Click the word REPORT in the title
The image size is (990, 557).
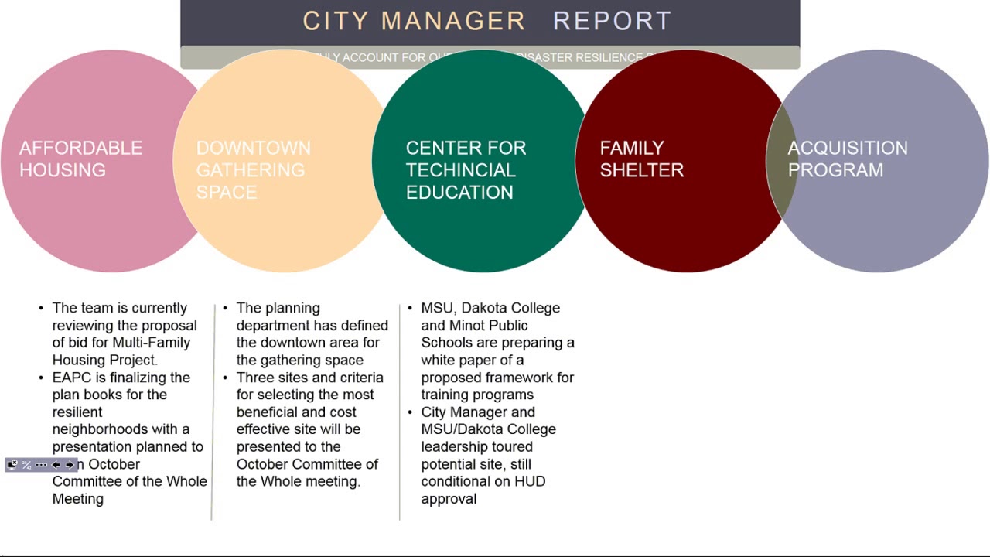coord(612,21)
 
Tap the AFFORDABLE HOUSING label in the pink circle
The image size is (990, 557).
coord(80,159)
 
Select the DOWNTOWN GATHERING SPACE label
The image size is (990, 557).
coord(253,169)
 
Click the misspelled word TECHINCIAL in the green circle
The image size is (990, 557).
coord(460,170)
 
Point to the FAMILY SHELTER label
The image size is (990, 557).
coord(641,159)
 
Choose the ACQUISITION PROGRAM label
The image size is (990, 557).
coord(847,159)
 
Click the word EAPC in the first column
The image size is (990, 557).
coord(70,378)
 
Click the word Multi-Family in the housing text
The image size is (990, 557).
coord(151,343)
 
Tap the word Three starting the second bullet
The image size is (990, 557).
coord(255,378)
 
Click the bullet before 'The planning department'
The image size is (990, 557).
coord(225,308)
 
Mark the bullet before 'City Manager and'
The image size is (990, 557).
coord(410,412)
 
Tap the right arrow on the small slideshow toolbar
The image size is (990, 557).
coord(69,465)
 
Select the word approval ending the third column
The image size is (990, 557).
coord(449,499)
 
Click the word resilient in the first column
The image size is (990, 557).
coord(77,412)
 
